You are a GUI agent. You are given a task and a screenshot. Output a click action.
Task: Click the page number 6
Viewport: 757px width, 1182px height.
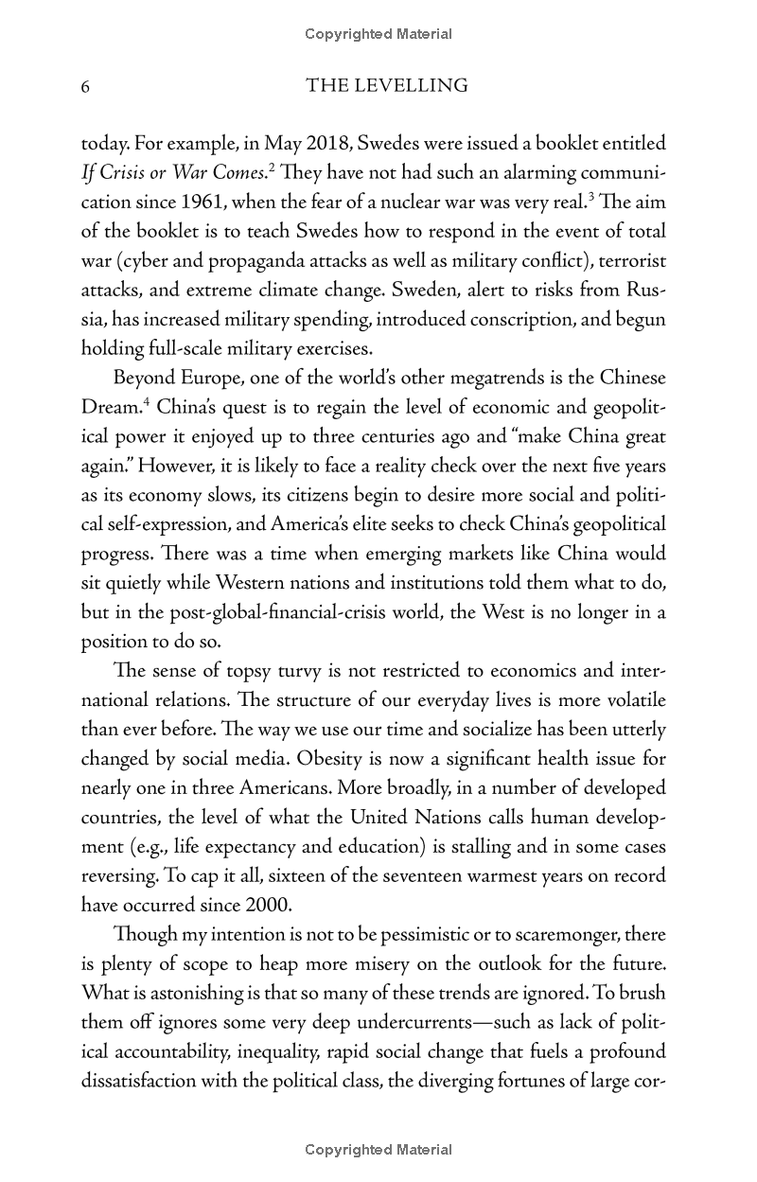pyautogui.click(x=85, y=87)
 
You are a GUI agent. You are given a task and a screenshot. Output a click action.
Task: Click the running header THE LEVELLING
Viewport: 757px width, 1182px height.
pyautogui.click(x=387, y=86)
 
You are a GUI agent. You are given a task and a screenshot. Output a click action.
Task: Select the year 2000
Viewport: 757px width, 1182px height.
pyautogui.click(x=249, y=905)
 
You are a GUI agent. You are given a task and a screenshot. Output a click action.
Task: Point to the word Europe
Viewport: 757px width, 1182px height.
pyautogui.click(x=216, y=379)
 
